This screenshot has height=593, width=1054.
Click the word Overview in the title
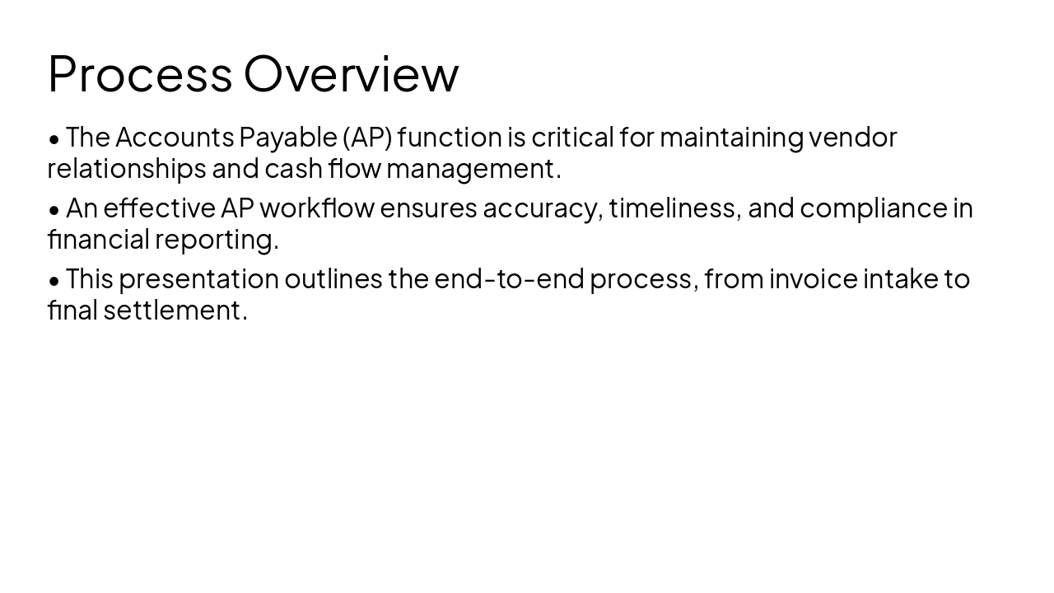tap(351, 73)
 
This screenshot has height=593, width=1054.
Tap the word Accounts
tap(175, 137)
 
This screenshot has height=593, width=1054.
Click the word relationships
tap(127, 168)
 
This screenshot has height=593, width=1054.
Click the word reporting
tap(217, 240)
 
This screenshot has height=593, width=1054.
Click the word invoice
tap(814, 279)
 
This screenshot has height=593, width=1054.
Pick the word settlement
tap(175, 311)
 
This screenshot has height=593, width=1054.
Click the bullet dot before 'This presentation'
tap(54, 280)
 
